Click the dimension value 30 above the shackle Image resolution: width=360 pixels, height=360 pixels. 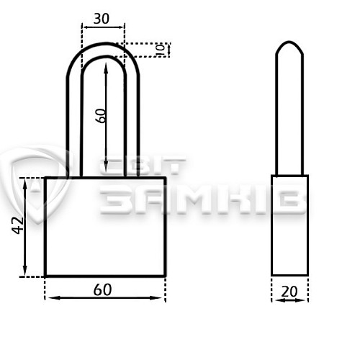point(102,19)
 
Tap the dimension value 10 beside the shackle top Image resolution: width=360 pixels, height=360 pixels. point(161,50)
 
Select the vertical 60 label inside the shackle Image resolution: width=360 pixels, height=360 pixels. point(100,116)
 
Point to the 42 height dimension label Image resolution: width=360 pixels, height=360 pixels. point(17,225)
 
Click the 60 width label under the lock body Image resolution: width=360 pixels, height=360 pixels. point(102,289)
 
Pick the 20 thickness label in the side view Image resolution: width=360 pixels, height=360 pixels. point(289,292)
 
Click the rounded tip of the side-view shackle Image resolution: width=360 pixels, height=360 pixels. point(289,42)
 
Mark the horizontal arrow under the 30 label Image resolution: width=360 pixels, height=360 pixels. point(103,27)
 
